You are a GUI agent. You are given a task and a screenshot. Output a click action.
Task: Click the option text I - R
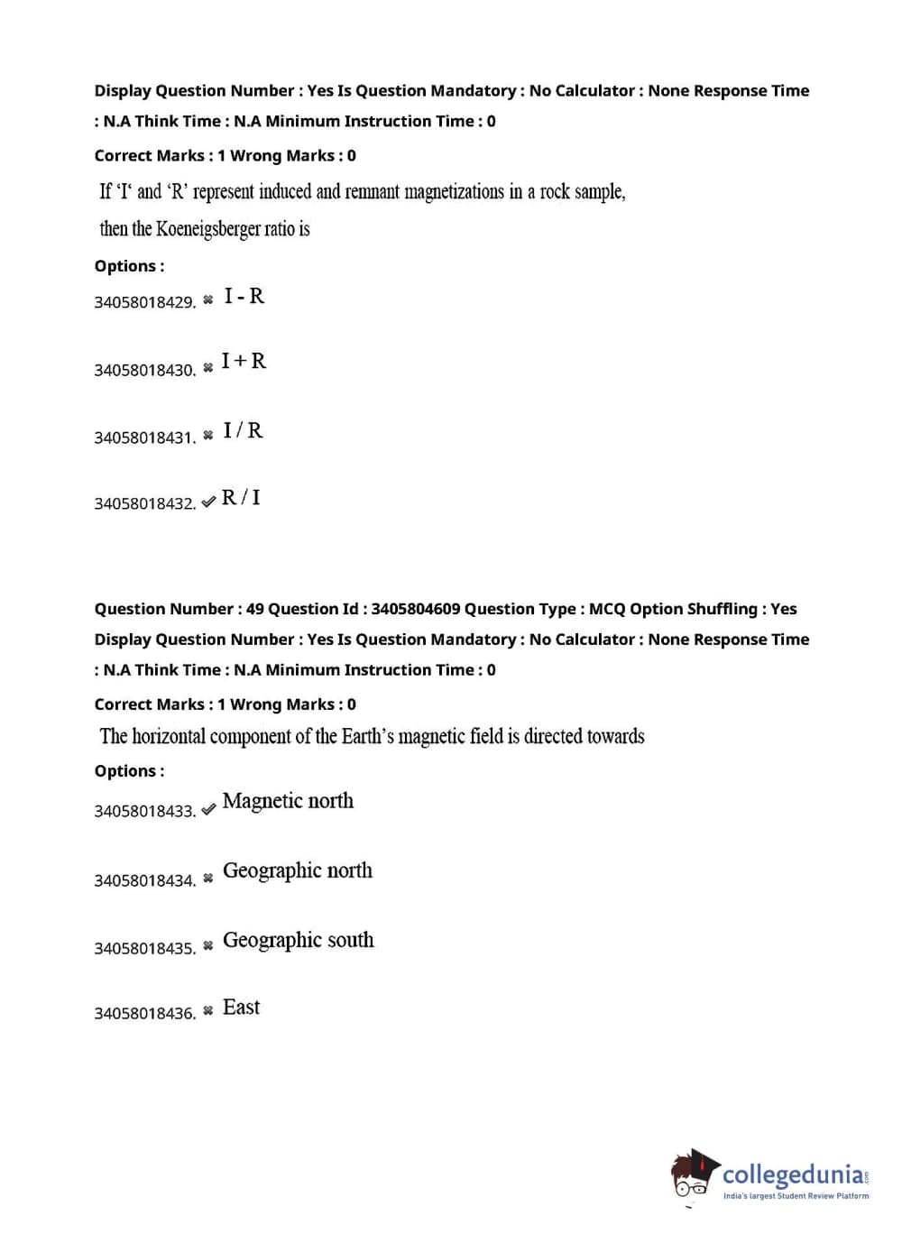[x=244, y=297]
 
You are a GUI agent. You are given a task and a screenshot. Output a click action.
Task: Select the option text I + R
[x=244, y=362]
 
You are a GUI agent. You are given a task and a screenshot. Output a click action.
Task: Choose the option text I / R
[x=244, y=430]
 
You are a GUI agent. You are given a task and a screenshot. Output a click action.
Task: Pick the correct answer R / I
[x=241, y=497]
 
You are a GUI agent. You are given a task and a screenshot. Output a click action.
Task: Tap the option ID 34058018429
[x=144, y=302]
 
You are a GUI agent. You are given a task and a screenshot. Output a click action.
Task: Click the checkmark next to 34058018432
[x=208, y=502]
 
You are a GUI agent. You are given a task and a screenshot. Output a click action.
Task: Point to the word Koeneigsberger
[x=208, y=229]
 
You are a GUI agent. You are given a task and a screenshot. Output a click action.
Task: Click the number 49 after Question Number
[x=255, y=609]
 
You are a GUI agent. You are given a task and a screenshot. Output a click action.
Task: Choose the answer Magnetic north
[x=288, y=801]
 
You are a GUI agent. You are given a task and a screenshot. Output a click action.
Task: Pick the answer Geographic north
[x=298, y=870]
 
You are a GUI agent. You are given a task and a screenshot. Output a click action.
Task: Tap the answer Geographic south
[x=299, y=940]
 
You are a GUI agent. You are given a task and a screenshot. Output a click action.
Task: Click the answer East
[x=241, y=1008]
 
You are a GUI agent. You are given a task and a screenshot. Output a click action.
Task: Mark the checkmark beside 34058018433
[x=208, y=809]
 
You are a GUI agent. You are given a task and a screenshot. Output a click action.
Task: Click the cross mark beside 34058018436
[x=208, y=1010]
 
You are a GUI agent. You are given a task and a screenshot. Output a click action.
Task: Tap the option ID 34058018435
[x=144, y=949]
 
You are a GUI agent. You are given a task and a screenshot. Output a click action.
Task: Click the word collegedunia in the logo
[x=793, y=1174]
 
